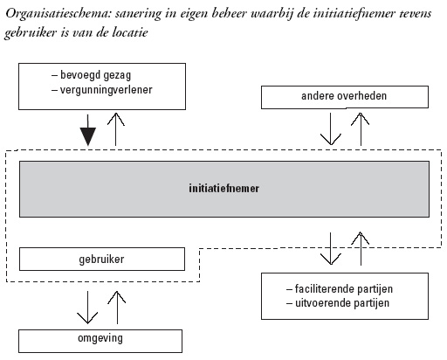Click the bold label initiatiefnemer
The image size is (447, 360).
223,189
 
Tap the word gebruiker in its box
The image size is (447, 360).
101,260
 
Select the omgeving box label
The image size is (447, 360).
100,338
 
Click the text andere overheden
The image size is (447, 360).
344,96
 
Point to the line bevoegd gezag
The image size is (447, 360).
92,75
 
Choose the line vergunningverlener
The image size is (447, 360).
102,90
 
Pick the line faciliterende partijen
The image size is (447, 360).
340,289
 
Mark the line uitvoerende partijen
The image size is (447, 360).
338,303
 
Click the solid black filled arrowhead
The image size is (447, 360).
88,136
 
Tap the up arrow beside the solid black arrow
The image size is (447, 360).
116,129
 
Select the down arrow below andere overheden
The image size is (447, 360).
331,129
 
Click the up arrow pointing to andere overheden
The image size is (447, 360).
361,129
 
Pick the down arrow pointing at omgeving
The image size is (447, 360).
87,308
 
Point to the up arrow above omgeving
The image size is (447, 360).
117,308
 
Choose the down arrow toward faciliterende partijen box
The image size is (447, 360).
331,248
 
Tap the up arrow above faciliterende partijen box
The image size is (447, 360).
361,248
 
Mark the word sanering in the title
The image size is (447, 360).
138,14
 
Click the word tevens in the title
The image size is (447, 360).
416,13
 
